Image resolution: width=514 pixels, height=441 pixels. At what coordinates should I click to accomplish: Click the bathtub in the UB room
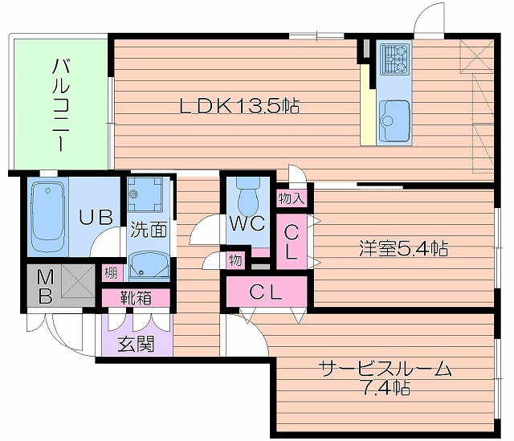click(x=48, y=214)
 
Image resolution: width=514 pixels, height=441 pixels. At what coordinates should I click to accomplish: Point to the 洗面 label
click(x=149, y=230)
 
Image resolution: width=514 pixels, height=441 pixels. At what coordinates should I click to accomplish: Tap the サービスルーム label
click(x=385, y=370)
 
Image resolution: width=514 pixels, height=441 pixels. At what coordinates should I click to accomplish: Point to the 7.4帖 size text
click(x=385, y=389)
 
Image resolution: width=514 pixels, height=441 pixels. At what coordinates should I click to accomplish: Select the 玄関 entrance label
click(x=136, y=345)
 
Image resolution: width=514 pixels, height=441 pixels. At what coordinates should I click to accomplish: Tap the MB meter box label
click(x=45, y=285)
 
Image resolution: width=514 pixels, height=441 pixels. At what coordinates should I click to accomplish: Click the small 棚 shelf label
click(x=110, y=273)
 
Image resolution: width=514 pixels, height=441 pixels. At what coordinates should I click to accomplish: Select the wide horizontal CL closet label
click(x=266, y=292)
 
